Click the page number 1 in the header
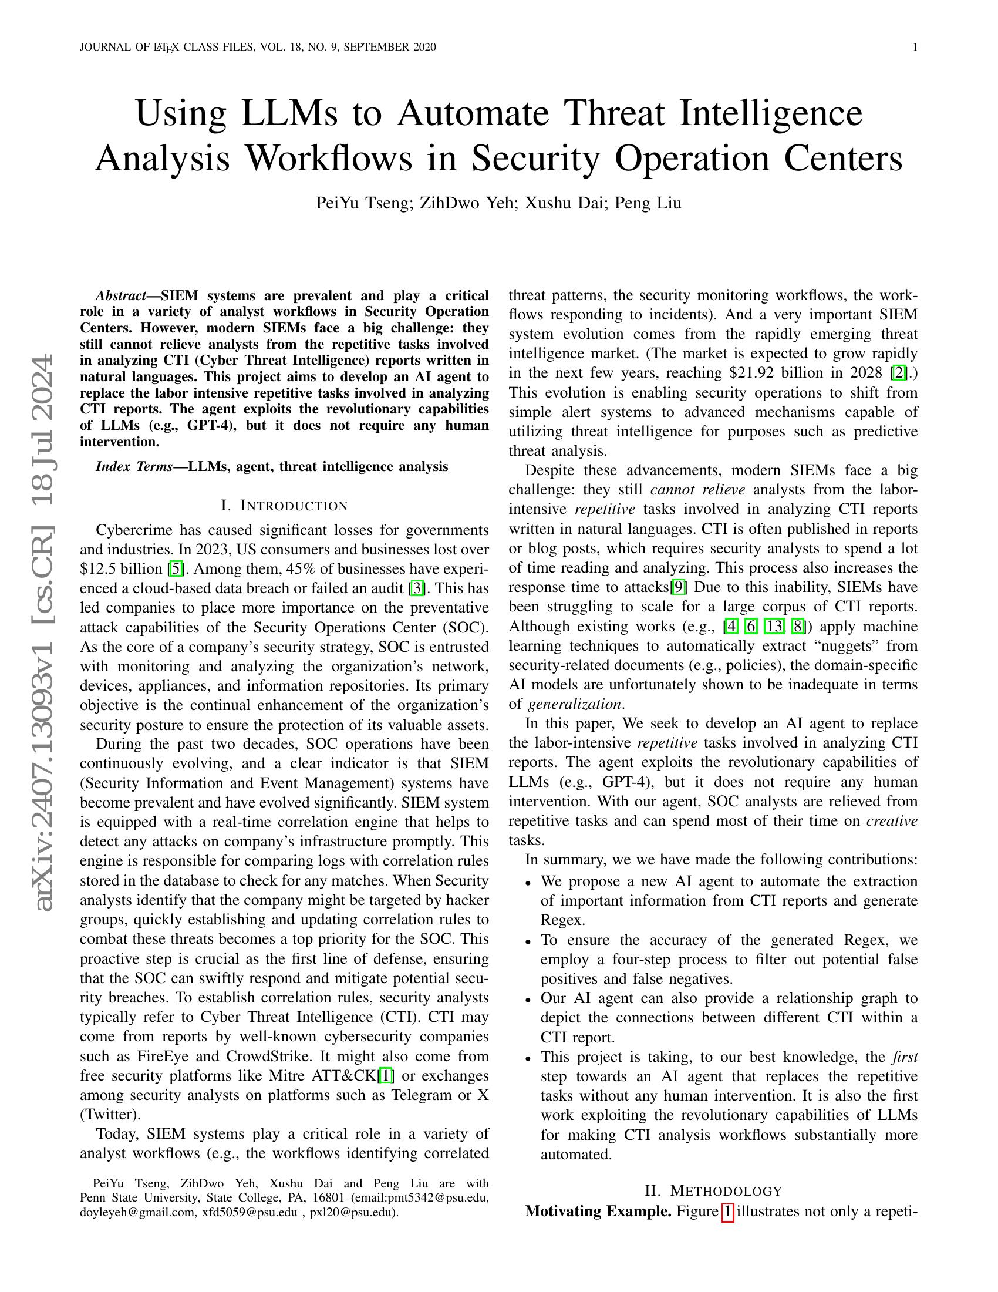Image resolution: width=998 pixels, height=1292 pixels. (x=915, y=48)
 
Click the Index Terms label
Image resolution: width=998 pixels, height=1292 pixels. (x=134, y=467)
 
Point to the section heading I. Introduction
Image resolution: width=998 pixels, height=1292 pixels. (x=284, y=506)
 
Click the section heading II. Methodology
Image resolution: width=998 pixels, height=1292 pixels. (x=713, y=1191)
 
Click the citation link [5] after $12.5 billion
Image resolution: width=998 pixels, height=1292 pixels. (x=176, y=569)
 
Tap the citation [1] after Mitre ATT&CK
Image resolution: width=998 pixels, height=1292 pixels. (x=386, y=1075)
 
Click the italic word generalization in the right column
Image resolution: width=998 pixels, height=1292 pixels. (x=574, y=705)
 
